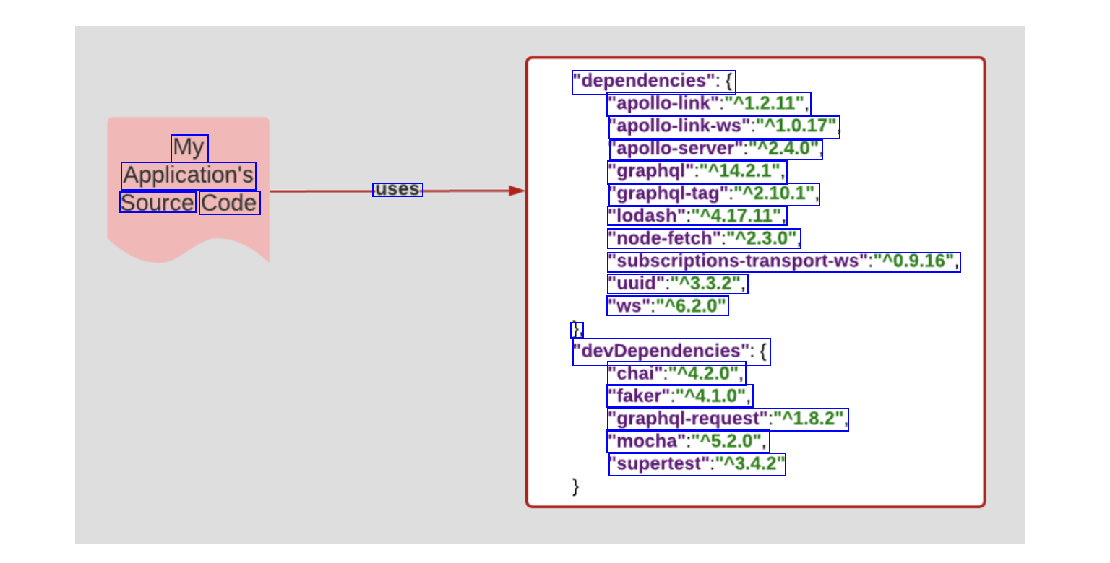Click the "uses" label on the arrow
pyautogui.click(x=397, y=190)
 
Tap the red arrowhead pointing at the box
pyautogui.click(x=517, y=191)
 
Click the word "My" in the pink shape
pyautogui.click(x=189, y=148)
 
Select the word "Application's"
pyautogui.click(x=189, y=175)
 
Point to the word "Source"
pyautogui.click(x=158, y=203)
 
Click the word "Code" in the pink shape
pyautogui.click(x=229, y=203)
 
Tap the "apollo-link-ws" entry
pyautogui.click(x=723, y=127)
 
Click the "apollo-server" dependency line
pyautogui.click(x=715, y=149)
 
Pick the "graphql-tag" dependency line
pyautogui.click(x=713, y=193)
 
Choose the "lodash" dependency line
pyautogui.click(x=696, y=216)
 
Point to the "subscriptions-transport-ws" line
pyautogui.click(x=783, y=261)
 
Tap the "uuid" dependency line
pyautogui.click(x=677, y=284)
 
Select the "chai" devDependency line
pyautogui.click(x=676, y=374)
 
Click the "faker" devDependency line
pyautogui.click(x=679, y=396)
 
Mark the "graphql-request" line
pyautogui.click(x=727, y=419)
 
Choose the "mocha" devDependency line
pyautogui.click(x=687, y=441)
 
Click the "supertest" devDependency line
pyautogui.click(x=697, y=463)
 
